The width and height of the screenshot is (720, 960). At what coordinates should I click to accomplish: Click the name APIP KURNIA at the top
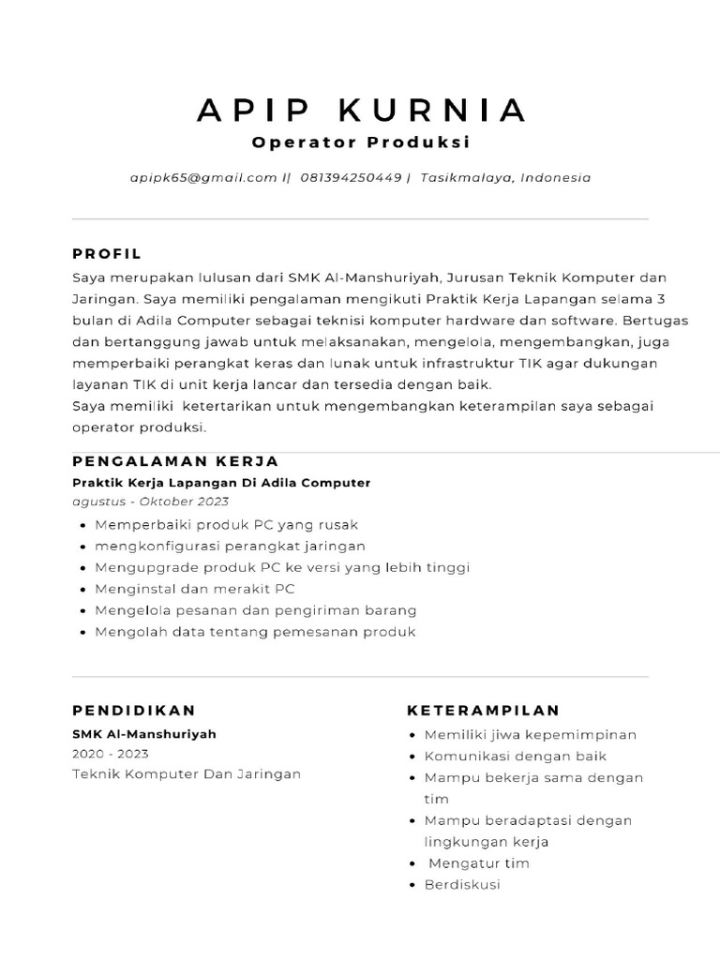pyautogui.click(x=361, y=110)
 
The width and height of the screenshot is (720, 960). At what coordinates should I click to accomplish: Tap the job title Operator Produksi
pyautogui.click(x=361, y=143)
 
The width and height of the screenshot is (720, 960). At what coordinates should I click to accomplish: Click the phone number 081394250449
pyautogui.click(x=351, y=177)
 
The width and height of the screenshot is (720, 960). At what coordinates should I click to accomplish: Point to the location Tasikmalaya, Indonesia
pyautogui.click(x=506, y=177)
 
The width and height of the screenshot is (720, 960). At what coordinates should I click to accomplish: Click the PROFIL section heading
pyautogui.click(x=107, y=253)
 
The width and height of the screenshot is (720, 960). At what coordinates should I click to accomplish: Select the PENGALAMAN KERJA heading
pyautogui.click(x=175, y=461)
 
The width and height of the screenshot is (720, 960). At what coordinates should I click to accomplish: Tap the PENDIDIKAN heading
pyautogui.click(x=134, y=711)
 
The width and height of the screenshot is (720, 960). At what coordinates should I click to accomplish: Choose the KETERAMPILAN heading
pyautogui.click(x=483, y=711)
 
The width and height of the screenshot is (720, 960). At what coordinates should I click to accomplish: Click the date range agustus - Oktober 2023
pyautogui.click(x=150, y=502)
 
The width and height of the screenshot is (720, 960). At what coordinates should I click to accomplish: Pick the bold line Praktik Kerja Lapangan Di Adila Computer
pyautogui.click(x=221, y=483)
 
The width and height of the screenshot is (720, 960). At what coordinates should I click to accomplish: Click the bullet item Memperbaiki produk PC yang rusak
pyautogui.click(x=227, y=525)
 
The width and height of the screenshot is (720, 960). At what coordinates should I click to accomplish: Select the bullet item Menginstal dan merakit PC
pyautogui.click(x=195, y=589)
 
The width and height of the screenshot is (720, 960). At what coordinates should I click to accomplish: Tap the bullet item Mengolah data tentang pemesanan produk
pyautogui.click(x=255, y=632)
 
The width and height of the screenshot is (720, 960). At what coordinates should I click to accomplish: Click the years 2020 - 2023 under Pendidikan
pyautogui.click(x=111, y=754)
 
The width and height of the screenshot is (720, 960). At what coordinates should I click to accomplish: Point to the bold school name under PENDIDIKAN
pyautogui.click(x=144, y=734)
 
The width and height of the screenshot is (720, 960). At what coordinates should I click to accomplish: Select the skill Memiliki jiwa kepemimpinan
pyautogui.click(x=531, y=735)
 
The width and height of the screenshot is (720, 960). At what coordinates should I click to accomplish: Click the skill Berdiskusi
pyautogui.click(x=463, y=885)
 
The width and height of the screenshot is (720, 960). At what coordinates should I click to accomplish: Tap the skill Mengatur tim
pyautogui.click(x=478, y=863)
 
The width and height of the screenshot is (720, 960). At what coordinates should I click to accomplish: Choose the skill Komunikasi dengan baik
pyautogui.click(x=516, y=757)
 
